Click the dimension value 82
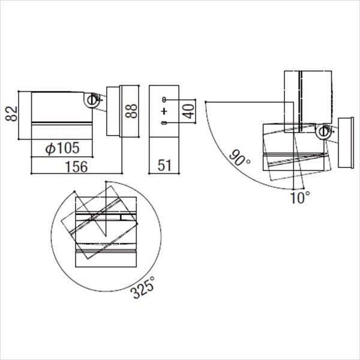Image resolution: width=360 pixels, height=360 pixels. [x=11, y=113]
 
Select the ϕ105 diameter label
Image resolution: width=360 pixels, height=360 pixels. [x=62, y=148]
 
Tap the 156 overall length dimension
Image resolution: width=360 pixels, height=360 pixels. [x=76, y=166]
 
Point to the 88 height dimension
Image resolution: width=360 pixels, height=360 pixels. [x=131, y=111]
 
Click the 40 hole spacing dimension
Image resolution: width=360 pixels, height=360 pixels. [x=189, y=111]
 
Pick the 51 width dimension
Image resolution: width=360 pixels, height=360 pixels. [x=164, y=165]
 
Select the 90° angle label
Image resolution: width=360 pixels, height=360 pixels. [x=239, y=158]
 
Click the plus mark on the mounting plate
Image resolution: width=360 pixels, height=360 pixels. [x=164, y=112]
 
